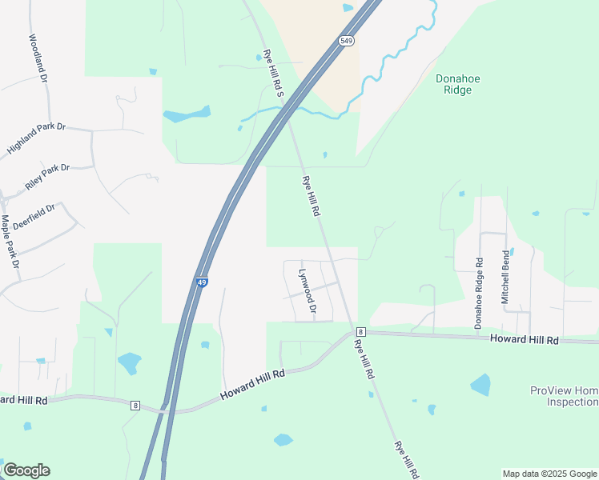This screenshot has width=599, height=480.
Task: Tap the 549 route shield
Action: coord(347,40)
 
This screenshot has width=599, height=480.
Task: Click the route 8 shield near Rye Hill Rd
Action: coord(361,331)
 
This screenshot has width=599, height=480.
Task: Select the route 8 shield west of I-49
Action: coord(135,406)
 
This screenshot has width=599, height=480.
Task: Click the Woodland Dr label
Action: coord(38,58)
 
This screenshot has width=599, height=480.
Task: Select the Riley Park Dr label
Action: coord(47,176)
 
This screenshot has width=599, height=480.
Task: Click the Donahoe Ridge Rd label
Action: coord(478,294)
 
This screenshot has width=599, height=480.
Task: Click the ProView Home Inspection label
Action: coord(564,396)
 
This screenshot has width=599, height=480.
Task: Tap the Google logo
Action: coord(26,470)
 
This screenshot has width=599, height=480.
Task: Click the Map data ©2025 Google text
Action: coord(549,474)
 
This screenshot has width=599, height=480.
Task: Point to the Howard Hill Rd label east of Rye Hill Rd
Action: coord(524,341)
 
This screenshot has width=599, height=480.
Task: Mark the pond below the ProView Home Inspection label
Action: coord(480,385)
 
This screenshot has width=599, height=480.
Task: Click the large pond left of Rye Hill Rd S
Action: coord(187,114)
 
